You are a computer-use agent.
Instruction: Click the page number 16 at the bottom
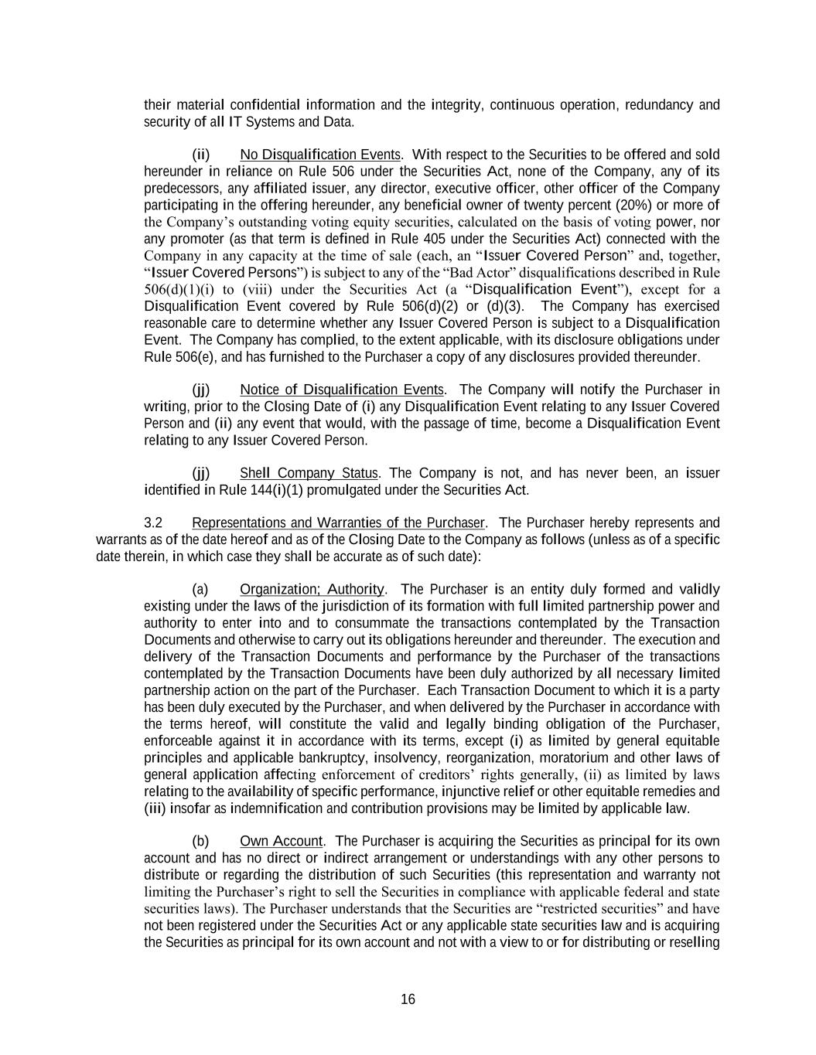pos(408,999)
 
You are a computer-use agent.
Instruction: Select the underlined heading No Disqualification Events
pos(320,155)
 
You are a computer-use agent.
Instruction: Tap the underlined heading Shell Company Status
pos(309,473)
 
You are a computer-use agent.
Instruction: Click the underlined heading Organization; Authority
pos(312,589)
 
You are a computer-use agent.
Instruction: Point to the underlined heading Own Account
pos(281,841)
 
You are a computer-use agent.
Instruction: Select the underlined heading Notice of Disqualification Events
pos(342,390)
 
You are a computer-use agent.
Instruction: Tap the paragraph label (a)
pos(200,589)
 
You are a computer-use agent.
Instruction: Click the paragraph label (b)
pos(200,841)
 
